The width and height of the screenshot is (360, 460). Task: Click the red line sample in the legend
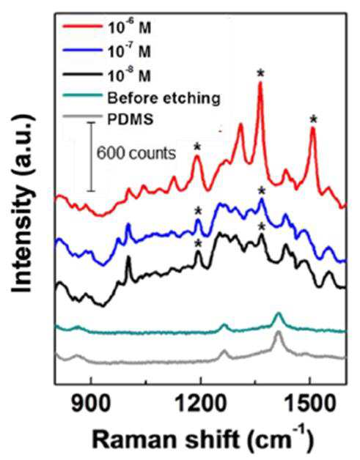point(83,26)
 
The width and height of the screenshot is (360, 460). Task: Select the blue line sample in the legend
point(83,50)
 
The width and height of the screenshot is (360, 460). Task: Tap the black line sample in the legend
point(83,75)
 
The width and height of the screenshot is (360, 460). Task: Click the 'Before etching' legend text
point(164,97)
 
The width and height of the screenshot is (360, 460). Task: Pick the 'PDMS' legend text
point(130,119)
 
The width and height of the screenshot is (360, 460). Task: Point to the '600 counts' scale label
point(136,153)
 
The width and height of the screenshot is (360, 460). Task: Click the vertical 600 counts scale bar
point(91,157)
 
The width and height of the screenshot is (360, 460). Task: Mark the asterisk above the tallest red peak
point(260,73)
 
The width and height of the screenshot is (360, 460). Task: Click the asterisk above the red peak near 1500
point(314,119)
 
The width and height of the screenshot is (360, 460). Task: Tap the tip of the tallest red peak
point(260,82)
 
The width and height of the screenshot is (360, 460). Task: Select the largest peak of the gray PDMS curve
point(278,332)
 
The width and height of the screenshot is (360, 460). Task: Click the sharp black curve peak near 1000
point(128,256)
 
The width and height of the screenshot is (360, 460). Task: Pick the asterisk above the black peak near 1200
point(198,243)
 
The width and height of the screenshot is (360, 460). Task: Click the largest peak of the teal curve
point(278,314)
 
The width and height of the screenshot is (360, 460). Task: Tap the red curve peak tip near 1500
point(313,128)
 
